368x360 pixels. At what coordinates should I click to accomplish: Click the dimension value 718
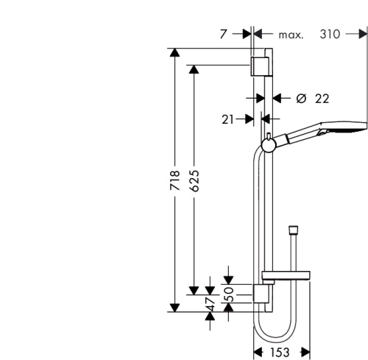click(176, 181)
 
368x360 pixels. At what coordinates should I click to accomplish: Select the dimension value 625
click(194, 181)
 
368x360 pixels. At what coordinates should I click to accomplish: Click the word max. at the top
click(291, 35)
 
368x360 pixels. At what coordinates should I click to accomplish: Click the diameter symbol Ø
click(300, 98)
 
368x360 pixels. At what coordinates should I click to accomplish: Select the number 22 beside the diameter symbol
click(321, 98)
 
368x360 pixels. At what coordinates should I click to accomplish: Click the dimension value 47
click(210, 303)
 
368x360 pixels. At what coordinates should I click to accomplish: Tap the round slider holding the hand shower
click(268, 141)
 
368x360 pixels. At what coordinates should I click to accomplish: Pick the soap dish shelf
click(291, 277)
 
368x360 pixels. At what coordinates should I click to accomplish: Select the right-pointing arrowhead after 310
click(361, 34)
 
